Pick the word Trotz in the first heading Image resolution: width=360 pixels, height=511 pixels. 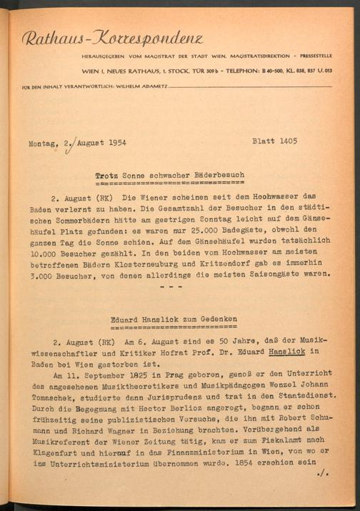[107, 175]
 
